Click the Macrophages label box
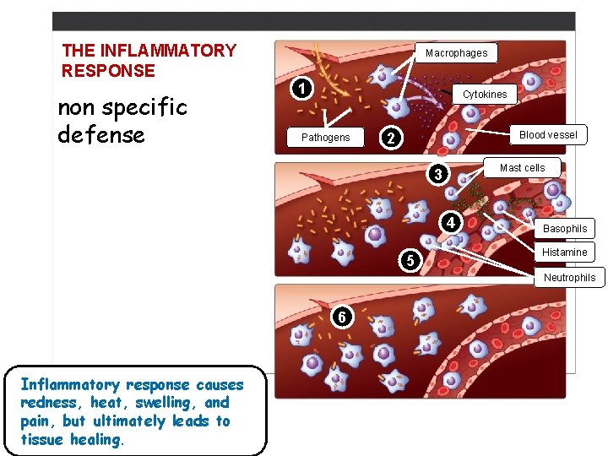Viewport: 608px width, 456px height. click(x=456, y=53)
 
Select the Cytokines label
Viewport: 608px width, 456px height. click(x=485, y=95)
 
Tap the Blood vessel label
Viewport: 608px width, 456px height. click(x=548, y=135)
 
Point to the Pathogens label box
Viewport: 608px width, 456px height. click(x=325, y=138)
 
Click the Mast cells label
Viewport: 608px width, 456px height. click(x=522, y=168)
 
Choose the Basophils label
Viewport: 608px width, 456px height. click(x=565, y=229)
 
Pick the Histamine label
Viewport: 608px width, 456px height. click(x=564, y=252)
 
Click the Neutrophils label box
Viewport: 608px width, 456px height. click(x=568, y=278)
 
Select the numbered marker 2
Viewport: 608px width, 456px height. click(x=390, y=137)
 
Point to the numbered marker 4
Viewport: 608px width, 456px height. click(x=451, y=223)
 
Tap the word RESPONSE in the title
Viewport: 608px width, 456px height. click(x=109, y=71)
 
